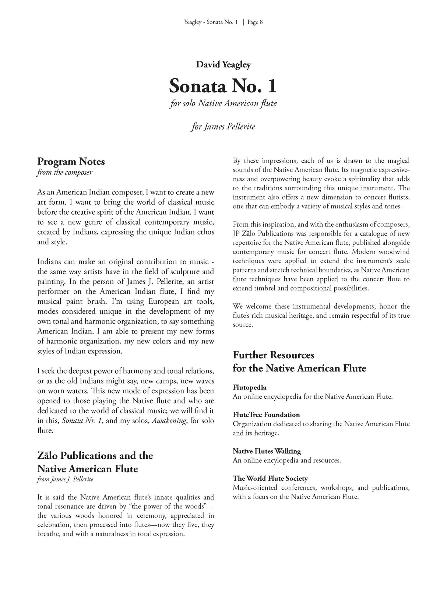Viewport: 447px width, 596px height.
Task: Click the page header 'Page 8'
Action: pyautogui.click(x=255, y=22)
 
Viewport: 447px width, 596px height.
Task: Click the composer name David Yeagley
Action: pyautogui.click(x=223, y=65)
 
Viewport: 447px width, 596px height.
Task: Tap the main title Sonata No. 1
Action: pyautogui.click(x=223, y=86)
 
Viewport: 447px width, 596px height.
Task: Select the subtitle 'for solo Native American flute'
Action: pyautogui.click(x=223, y=104)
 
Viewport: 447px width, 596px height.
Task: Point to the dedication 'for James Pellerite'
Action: pyautogui.click(x=223, y=127)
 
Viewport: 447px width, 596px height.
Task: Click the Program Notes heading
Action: pyautogui.click(x=71, y=162)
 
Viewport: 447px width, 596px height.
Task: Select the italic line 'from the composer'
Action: pyautogui.click(x=65, y=172)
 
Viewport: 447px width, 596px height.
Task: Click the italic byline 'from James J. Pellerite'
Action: pyautogui.click(x=65, y=479)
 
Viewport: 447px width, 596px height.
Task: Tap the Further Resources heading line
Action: pyautogui.click(x=274, y=355)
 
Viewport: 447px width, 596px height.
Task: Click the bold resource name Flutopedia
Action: pyautogui.click(x=250, y=387)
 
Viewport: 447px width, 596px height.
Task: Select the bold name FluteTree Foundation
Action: pyautogui.click(x=266, y=415)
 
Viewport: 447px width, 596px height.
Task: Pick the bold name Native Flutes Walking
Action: pyautogui.click(x=267, y=451)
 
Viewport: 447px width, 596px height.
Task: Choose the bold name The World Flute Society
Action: pyautogui.click(x=270, y=479)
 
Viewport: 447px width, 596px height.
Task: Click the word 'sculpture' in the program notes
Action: pyautogui.click(x=187, y=272)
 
